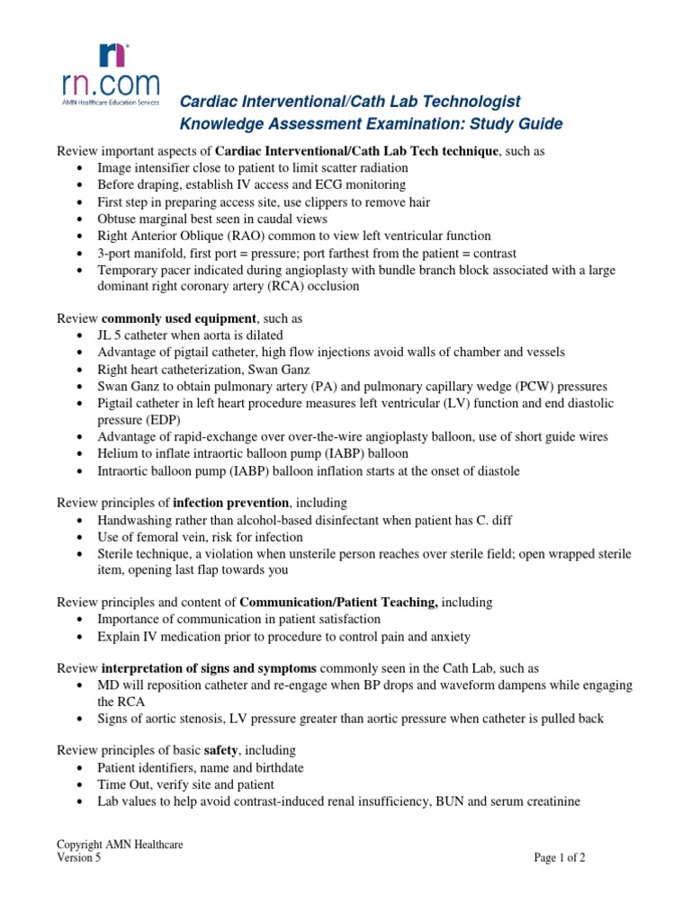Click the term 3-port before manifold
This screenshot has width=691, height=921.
[118, 254]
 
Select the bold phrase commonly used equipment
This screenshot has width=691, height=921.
[179, 318]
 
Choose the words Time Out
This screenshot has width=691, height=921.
[125, 784]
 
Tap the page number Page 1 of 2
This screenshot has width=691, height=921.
[560, 858]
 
